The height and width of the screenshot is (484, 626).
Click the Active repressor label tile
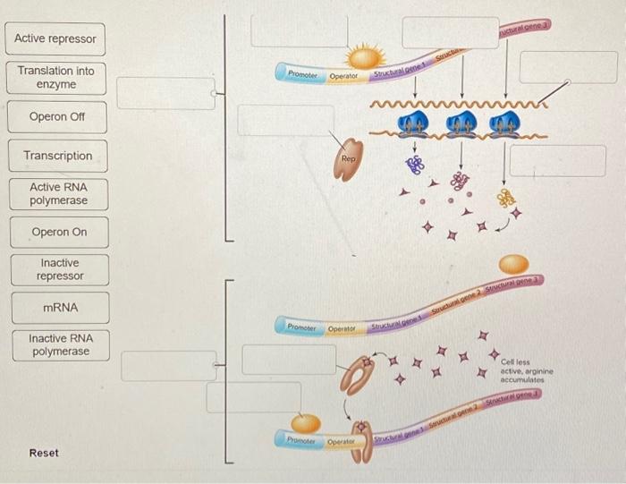click(56, 39)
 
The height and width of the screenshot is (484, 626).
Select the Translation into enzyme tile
click(56, 78)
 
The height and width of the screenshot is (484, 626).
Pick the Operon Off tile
click(56, 117)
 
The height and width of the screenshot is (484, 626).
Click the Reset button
click(44, 454)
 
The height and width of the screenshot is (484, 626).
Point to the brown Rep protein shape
click(349, 159)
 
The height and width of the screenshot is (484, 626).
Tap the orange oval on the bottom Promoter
click(306, 422)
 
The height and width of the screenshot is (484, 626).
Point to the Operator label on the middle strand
click(342, 328)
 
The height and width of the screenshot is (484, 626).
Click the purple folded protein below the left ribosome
click(414, 164)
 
